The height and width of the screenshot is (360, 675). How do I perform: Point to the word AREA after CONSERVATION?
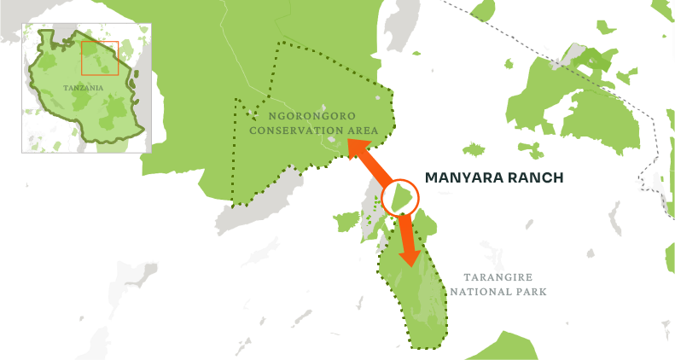[362, 131]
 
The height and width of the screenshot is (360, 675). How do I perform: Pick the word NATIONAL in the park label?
[485, 292]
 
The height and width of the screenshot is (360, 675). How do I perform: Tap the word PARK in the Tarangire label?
[533, 292]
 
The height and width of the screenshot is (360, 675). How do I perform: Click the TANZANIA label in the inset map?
[83, 88]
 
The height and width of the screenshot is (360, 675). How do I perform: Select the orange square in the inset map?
[100, 57]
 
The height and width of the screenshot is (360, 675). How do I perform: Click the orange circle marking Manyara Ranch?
[399, 198]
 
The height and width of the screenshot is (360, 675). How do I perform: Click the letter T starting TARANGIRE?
[466, 277]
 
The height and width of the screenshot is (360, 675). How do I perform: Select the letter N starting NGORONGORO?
[271, 115]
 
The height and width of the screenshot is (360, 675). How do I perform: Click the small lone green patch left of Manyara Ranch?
[346, 222]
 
